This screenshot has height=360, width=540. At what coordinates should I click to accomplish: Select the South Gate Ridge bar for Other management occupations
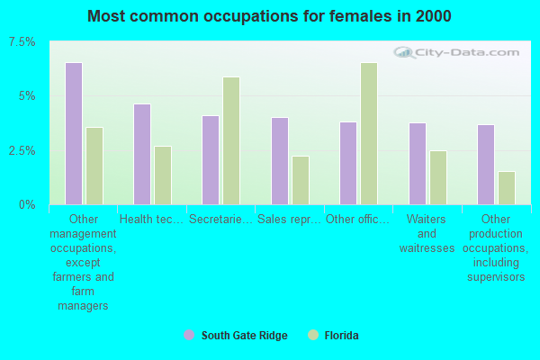tap(74, 133)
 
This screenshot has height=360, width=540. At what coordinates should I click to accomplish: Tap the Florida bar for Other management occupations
tap(94, 166)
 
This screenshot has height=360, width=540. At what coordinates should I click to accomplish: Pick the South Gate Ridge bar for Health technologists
tap(142, 154)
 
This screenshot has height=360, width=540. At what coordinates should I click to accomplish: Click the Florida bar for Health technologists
tap(163, 175)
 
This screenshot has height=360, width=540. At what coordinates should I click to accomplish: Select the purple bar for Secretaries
tap(211, 160)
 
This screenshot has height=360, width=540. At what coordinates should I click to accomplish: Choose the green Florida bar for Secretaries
tap(231, 140)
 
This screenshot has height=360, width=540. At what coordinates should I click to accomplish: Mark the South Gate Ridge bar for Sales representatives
tap(280, 161)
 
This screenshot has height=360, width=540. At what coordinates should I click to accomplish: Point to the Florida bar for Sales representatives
tap(301, 180)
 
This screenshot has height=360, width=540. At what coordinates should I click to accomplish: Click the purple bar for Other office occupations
tap(348, 163)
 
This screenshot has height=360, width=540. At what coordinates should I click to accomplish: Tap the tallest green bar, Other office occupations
tap(369, 133)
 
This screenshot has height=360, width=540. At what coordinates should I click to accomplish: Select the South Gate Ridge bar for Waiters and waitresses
tap(418, 164)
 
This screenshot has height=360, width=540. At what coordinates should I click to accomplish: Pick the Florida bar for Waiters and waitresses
tap(438, 177)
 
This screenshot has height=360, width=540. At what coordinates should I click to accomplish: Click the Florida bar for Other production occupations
tap(507, 188)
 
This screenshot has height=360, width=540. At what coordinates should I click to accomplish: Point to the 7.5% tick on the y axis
tap(22, 42)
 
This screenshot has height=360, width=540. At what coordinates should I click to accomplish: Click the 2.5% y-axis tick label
tap(22, 150)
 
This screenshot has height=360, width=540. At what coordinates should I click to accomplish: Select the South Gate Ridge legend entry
tap(236, 336)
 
